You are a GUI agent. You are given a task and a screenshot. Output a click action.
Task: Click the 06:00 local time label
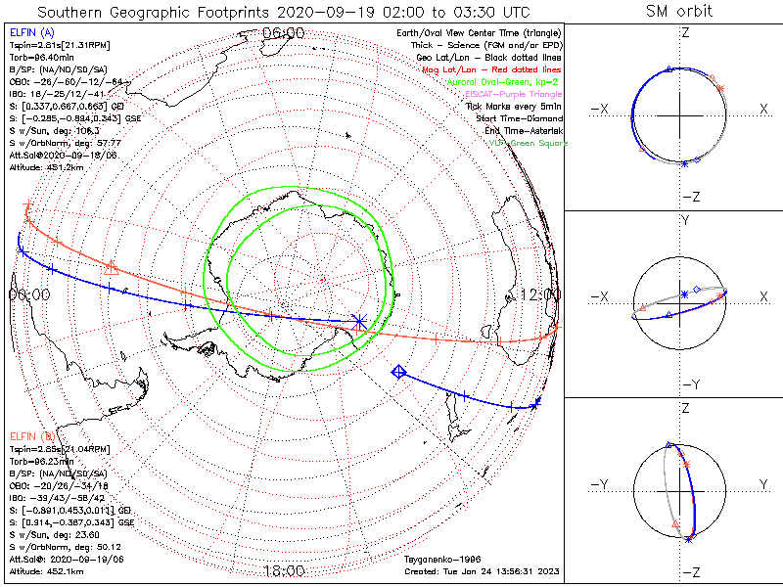click(284, 32)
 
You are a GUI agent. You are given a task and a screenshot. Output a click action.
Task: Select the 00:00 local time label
click(29, 294)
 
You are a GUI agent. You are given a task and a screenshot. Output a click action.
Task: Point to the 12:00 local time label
click(540, 294)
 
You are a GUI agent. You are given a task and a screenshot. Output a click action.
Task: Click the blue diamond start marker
click(398, 372)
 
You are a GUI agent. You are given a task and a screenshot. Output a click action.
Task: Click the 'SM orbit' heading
click(679, 12)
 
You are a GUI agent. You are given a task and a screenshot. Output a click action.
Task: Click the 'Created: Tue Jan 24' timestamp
click(480, 570)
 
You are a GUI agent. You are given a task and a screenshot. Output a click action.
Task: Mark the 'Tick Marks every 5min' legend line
click(517, 107)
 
